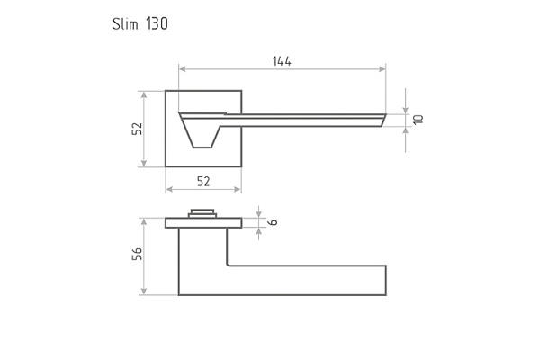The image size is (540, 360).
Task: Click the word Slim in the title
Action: [x=125, y=23]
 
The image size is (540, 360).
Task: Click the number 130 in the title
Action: [x=157, y=23]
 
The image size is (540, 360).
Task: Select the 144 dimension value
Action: [x=282, y=61]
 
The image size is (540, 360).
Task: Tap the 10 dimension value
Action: [x=418, y=120]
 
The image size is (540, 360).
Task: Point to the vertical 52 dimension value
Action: [x=137, y=129]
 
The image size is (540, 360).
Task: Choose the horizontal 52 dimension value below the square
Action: [x=203, y=181]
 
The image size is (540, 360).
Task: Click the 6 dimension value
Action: [x=273, y=222]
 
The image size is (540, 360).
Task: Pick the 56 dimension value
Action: [x=137, y=254]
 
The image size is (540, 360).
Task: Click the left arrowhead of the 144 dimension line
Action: [x=183, y=69]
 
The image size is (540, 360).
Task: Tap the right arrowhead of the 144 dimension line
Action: [x=382, y=69]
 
